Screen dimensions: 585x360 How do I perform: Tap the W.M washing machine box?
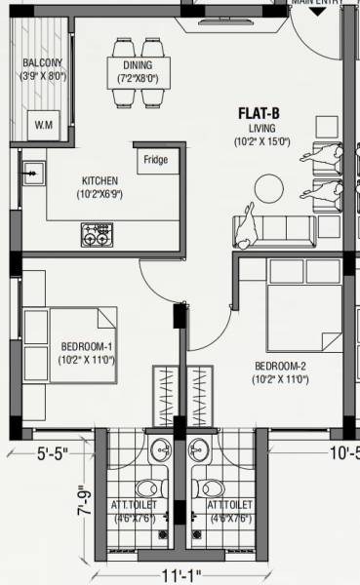tap(44, 125)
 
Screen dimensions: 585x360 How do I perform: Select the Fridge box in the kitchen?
tap(155, 159)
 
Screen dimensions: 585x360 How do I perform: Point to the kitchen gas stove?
tap(98, 234)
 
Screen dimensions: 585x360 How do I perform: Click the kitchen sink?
tap(32, 174)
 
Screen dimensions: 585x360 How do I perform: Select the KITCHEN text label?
tap(100, 181)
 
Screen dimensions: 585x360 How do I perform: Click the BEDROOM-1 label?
tap(87, 347)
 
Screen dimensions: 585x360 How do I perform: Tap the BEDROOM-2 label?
tap(280, 367)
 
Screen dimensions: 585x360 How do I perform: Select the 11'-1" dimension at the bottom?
tap(184, 569)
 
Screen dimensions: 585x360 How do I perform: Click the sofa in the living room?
tap(272, 230)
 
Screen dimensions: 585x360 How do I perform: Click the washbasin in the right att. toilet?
tap(199, 448)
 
